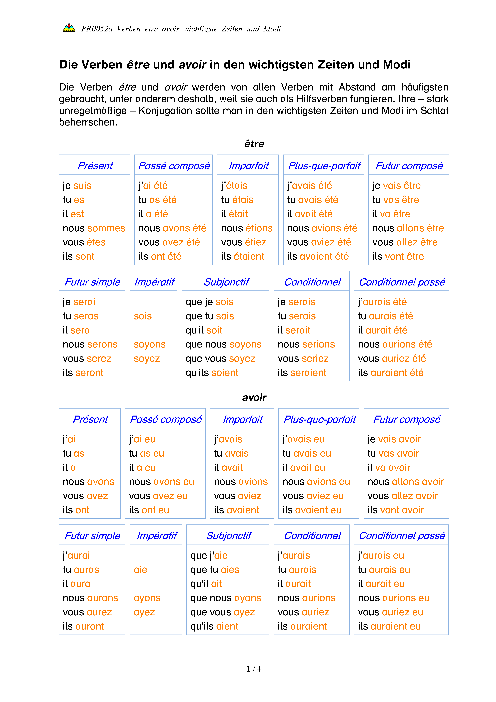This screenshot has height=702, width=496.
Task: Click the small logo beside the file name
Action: (69, 28)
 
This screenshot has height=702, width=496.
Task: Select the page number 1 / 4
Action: (254, 669)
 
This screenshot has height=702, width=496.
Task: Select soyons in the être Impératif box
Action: (150, 344)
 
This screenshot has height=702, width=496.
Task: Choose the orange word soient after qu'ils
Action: (225, 373)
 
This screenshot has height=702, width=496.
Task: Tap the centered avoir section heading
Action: (254, 398)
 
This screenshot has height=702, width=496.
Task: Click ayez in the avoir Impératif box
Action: (144, 612)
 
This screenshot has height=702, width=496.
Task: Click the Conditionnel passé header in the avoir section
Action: (402, 536)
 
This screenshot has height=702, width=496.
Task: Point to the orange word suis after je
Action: (82, 186)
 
